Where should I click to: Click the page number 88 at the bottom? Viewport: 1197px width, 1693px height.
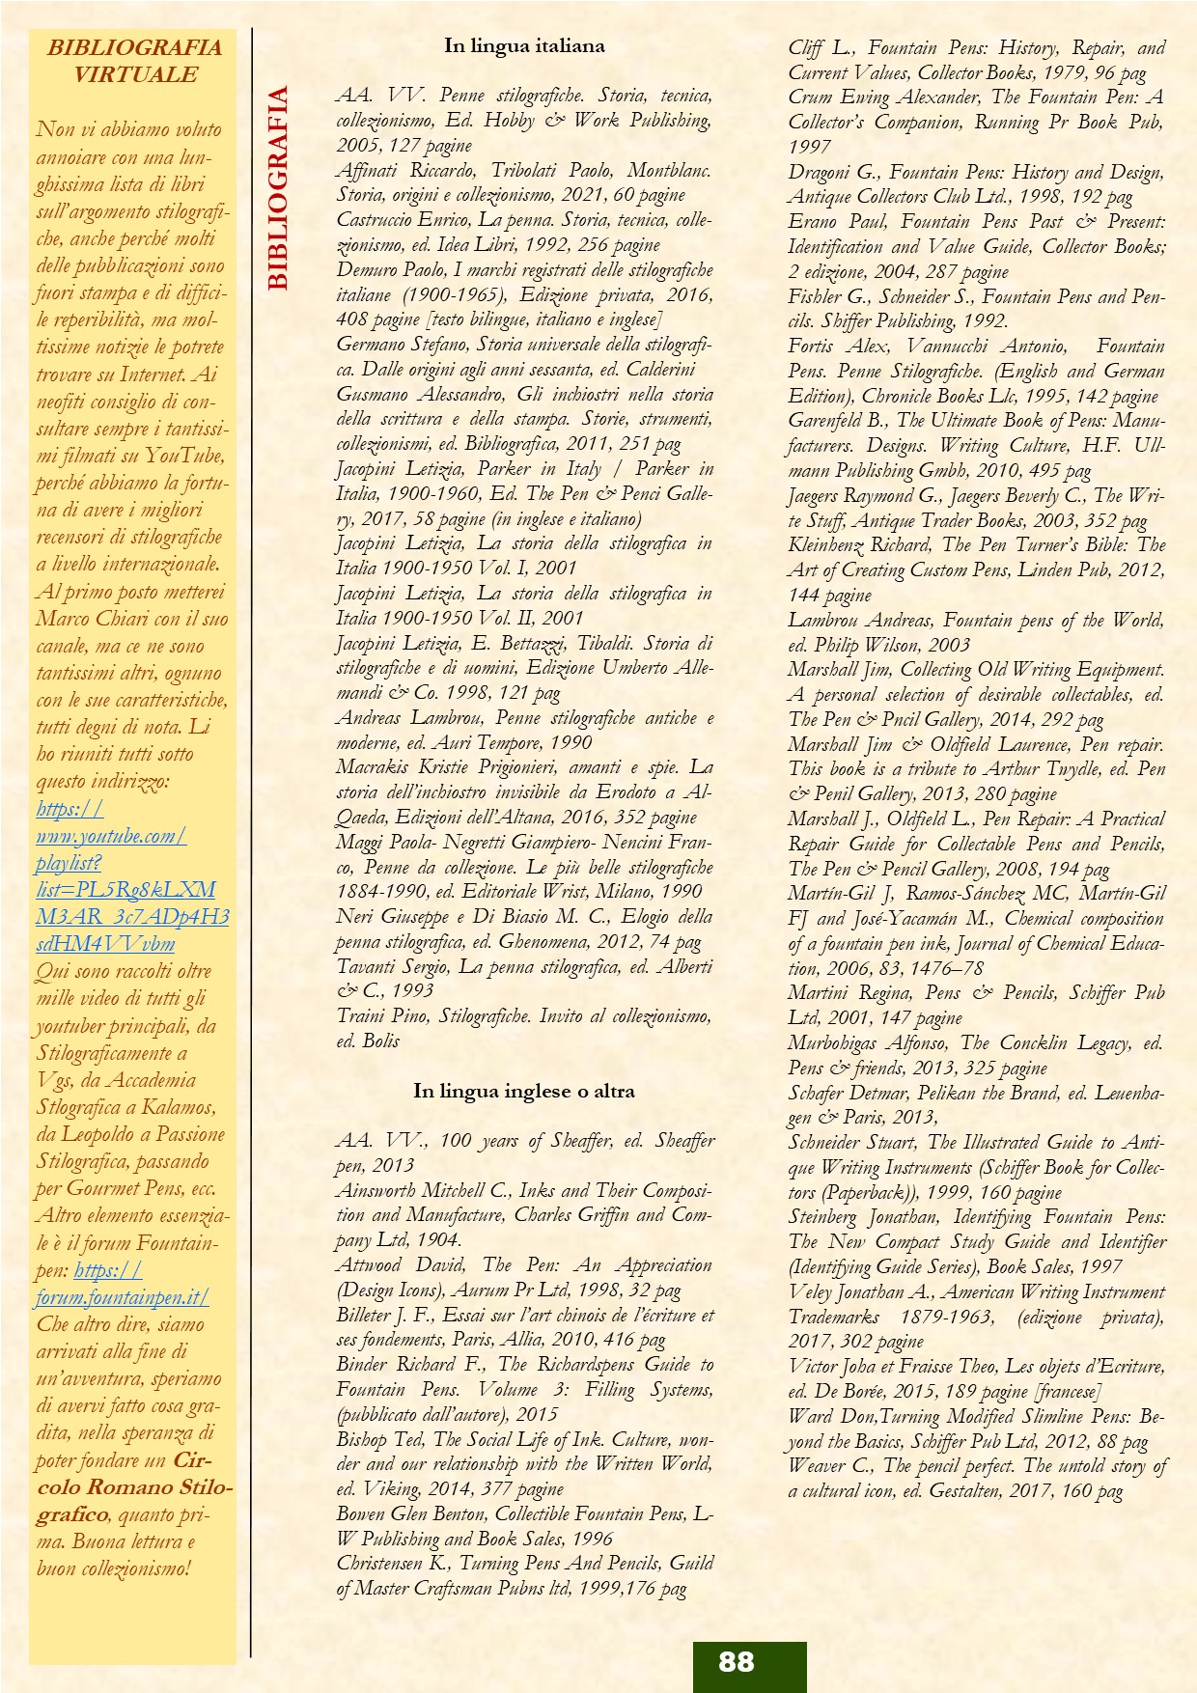click(737, 1661)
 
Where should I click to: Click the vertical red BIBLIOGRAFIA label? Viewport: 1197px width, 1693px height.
click(278, 188)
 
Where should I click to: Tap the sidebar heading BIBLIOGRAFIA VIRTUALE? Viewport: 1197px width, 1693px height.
click(134, 61)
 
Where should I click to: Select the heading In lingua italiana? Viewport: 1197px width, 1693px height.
click(524, 45)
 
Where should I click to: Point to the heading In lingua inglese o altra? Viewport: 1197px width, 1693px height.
click(524, 1091)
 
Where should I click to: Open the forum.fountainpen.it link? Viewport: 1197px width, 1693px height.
click(122, 1297)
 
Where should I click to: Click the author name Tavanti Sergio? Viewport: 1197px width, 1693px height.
click(392, 966)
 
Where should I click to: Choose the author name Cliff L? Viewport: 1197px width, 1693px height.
click(821, 48)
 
